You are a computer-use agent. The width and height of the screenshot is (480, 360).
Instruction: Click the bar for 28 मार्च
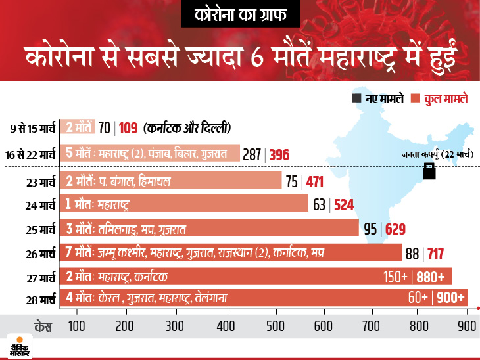(x=263, y=298)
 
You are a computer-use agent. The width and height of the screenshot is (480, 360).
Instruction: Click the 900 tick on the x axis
(x=467, y=326)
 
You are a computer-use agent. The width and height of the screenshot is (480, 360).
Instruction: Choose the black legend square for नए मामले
(x=356, y=99)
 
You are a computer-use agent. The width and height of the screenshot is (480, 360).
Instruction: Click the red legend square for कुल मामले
(x=415, y=99)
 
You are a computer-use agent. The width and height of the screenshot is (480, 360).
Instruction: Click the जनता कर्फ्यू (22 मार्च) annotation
(x=438, y=154)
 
